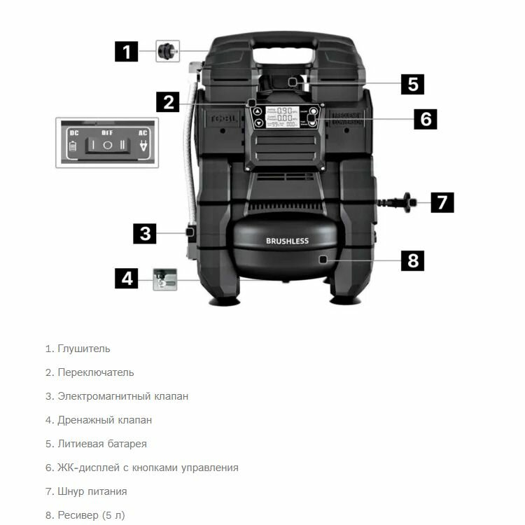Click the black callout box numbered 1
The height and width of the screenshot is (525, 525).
tap(127, 51)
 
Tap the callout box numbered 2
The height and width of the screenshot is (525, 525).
tap(168, 103)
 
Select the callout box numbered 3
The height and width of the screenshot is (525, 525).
tap(145, 233)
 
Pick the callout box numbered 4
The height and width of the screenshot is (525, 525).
tap(127, 278)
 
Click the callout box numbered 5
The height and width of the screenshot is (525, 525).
tap(412, 85)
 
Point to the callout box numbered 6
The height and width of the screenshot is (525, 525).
tap(425, 119)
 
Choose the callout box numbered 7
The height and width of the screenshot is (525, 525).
tap(441, 203)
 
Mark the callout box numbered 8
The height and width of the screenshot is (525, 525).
tap(412, 260)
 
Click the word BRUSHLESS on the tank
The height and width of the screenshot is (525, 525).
tap(286, 241)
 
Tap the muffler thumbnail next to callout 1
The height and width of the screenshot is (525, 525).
tap(166, 51)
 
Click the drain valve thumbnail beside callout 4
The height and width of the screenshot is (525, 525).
tap(165, 278)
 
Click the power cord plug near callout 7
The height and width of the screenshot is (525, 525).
tap(405, 204)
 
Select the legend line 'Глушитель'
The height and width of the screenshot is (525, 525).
tap(78, 349)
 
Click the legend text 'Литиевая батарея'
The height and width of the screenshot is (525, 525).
tap(96, 444)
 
